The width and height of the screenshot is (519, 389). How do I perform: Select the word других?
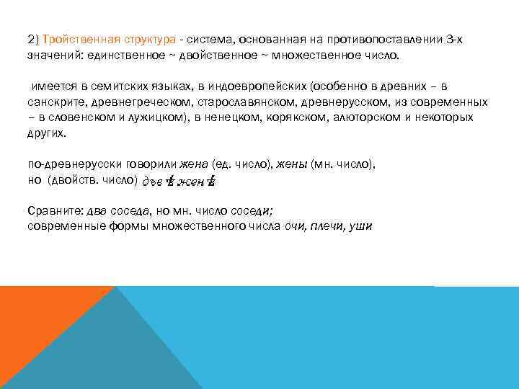pyautogui.click(x=45, y=133)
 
